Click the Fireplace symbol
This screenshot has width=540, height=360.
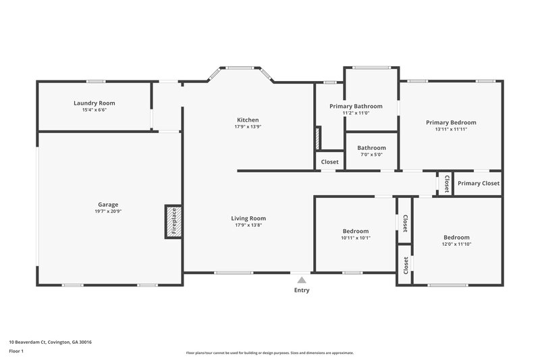(x=173, y=222)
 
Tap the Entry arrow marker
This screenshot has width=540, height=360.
(x=302, y=280)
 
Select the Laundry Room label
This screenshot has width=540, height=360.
(x=94, y=103)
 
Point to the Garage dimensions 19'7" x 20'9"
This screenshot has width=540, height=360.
(x=109, y=211)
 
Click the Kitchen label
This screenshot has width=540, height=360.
(x=247, y=120)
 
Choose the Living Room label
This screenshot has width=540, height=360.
(x=248, y=218)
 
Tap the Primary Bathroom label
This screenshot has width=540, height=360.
(x=356, y=106)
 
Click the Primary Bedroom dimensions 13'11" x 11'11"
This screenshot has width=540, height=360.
(x=451, y=129)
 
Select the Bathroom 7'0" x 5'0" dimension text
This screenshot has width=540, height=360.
(x=371, y=155)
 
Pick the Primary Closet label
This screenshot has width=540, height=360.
(x=479, y=184)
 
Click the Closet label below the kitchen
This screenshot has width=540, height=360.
(x=329, y=162)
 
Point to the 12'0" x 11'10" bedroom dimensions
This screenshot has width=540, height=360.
(x=456, y=245)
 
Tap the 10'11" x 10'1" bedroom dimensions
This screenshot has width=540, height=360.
(x=356, y=238)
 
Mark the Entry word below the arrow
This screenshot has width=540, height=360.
(x=302, y=290)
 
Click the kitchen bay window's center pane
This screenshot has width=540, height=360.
(x=240, y=67)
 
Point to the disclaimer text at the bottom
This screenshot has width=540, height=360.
(x=269, y=353)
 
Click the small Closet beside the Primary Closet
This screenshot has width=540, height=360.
(x=446, y=184)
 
